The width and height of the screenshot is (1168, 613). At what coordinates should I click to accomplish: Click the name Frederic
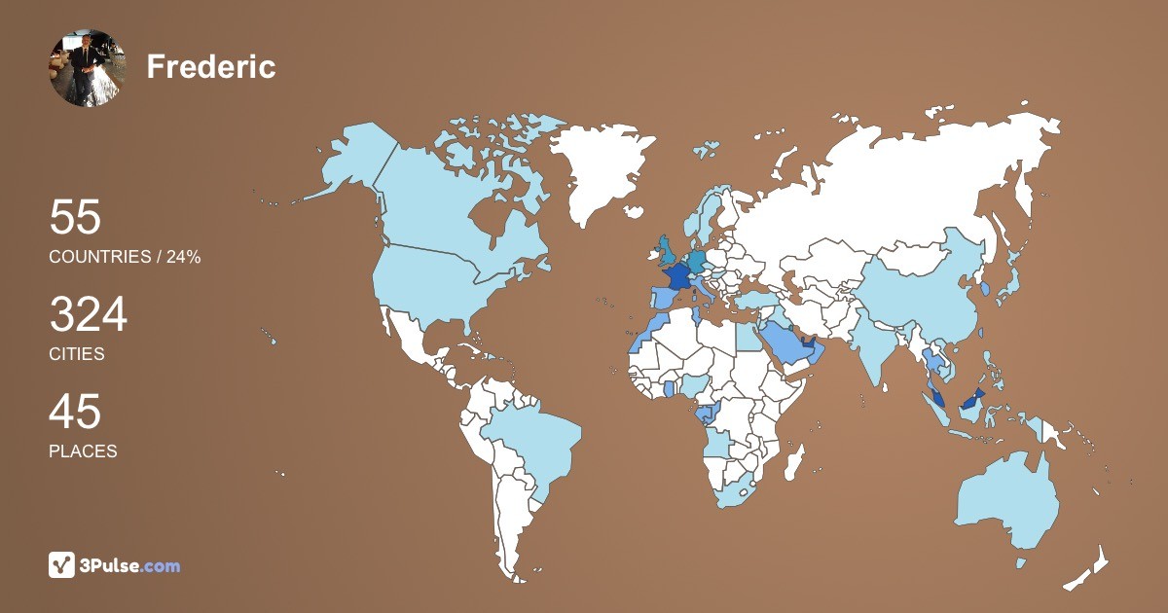click(x=211, y=67)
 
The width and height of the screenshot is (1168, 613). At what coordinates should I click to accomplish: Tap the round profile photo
click(x=88, y=67)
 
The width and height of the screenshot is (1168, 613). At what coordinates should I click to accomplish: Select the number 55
click(x=75, y=217)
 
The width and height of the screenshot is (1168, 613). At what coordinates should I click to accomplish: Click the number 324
click(x=89, y=315)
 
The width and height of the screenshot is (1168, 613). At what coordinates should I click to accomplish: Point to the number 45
click(x=75, y=413)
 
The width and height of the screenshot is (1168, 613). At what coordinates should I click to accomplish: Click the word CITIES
click(x=77, y=354)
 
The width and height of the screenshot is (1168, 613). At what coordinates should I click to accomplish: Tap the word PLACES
click(x=83, y=451)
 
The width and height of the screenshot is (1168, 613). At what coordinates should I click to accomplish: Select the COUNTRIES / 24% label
click(x=125, y=257)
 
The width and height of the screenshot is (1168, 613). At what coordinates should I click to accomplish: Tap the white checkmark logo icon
click(x=62, y=565)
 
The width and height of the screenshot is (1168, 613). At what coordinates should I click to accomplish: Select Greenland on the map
click(x=604, y=170)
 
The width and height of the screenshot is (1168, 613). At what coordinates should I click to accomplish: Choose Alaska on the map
click(x=355, y=161)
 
